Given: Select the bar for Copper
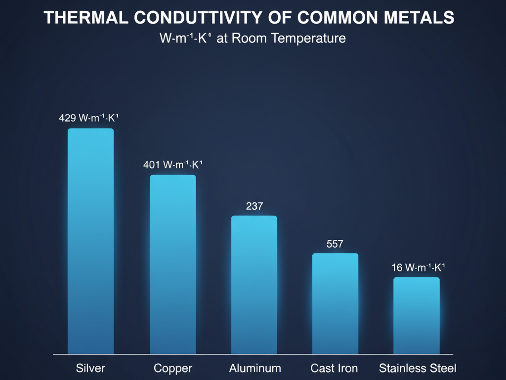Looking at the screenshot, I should click(173, 264).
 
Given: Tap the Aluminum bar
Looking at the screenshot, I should click(254, 284).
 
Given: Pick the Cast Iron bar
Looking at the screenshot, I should click(335, 303).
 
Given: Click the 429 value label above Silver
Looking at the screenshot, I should click(90, 118).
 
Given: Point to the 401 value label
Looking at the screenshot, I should click(173, 165).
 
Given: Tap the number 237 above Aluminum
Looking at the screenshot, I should click(254, 206).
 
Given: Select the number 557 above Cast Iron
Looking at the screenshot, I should click(335, 244).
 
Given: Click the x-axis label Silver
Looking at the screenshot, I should click(90, 368).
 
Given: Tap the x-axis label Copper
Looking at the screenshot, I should click(173, 368).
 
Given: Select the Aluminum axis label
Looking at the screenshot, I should click(255, 368).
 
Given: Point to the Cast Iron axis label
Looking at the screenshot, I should click(335, 368).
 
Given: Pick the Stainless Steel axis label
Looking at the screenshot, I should click(418, 368).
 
